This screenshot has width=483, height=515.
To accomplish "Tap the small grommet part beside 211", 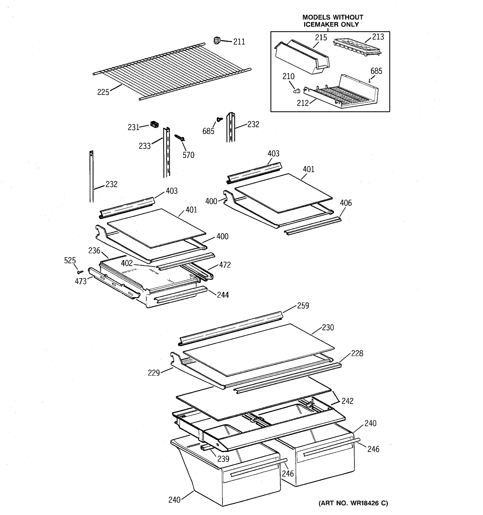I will point(217,40).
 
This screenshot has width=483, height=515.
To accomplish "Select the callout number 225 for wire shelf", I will point(103,92).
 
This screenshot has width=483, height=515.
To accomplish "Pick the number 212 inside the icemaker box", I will point(303,103).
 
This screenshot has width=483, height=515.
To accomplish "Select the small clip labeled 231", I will point(154,124).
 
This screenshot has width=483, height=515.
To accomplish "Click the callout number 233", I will point(145,146).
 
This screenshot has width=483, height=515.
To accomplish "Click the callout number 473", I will point(80,281).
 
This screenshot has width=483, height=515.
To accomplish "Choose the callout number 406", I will point(346,203).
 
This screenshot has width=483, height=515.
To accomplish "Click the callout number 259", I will point(303,306).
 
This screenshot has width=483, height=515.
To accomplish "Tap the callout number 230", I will point(328,328).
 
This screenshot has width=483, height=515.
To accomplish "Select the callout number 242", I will point(347,401).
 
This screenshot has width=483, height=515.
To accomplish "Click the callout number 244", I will point(223,295).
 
